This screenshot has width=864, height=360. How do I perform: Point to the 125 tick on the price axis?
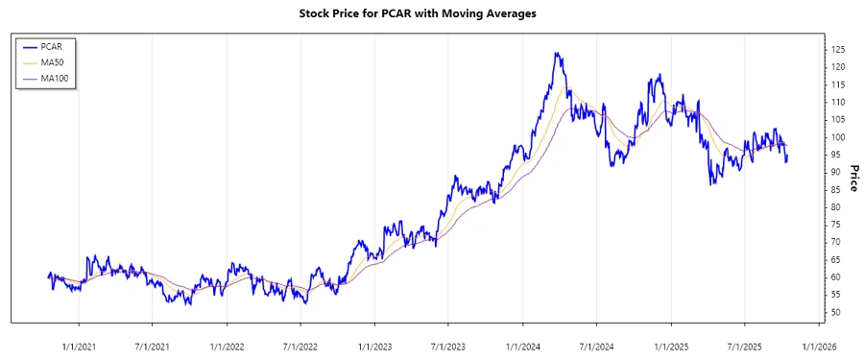click(838, 49)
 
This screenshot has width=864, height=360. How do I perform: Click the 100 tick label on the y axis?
click(838, 137)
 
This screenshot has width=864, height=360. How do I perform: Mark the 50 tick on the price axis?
click(835, 313)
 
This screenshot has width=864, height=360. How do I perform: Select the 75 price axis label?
click(835, 225)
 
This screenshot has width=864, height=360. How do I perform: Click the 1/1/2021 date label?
click(79, 335)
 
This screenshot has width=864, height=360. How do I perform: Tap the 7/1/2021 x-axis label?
click(152, 335)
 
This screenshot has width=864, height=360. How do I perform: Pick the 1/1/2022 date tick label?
click(227, 335)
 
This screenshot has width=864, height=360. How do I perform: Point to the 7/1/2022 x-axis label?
click(300, 335)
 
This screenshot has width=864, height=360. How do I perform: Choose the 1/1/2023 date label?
click(375, 335)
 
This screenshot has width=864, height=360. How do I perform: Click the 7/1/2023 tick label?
click(448, 335)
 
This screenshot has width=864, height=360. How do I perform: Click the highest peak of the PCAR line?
click(557, 54)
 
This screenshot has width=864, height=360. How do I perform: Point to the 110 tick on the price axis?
click(838, 102)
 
